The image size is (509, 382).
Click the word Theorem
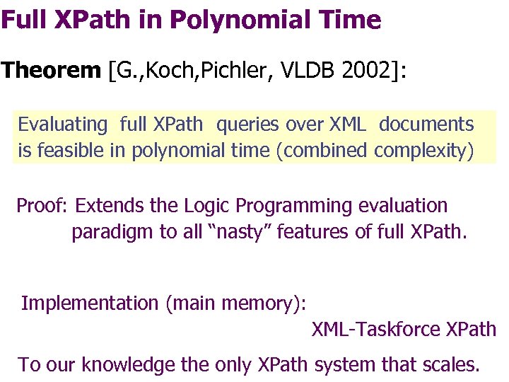52,71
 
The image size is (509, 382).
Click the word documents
426,125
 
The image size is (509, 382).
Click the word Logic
207,206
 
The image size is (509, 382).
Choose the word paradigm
106,232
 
